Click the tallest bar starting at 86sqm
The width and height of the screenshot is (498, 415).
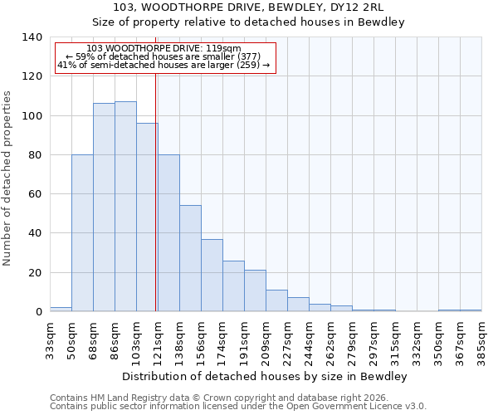pyautogui.click(x=125, y=207)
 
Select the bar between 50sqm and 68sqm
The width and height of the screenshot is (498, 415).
pyautogui.click(x=82, y=233)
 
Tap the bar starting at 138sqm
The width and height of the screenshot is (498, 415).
pyautogui.click(x=190, y=258)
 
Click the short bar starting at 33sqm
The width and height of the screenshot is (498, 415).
pyautogui.click(x=61, y=309)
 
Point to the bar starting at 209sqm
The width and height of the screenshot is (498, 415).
pyautogui.click(x=276, y=300)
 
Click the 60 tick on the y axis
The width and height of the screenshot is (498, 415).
pyautogui.click(x=34, y=194)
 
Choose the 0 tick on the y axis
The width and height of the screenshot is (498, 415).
pyautogui.click(x=37, y=312)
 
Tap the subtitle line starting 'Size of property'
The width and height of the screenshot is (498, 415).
pyautogui.click(x=248, y=22)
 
